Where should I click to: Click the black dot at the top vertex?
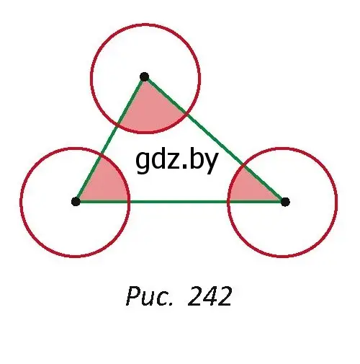(144, 77)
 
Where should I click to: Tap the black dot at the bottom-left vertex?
(76, 201)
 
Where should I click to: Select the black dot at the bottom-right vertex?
(285, 202)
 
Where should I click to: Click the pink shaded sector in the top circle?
(150, 110)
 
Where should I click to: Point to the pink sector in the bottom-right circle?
(250, 189)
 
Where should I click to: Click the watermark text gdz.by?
(177, 160)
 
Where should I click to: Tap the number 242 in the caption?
(210, 296)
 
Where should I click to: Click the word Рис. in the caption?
(149, 296)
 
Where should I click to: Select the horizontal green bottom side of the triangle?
(181, 202)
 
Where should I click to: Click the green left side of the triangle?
(110, 139)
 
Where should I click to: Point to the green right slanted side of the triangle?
(215, 139)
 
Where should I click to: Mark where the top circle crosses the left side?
(118, 125)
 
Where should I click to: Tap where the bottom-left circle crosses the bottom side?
(129, 202)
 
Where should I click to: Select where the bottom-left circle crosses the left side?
(102, 155)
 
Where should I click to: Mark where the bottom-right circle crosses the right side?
(243, 166)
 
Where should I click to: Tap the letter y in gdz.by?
(210, 164)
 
